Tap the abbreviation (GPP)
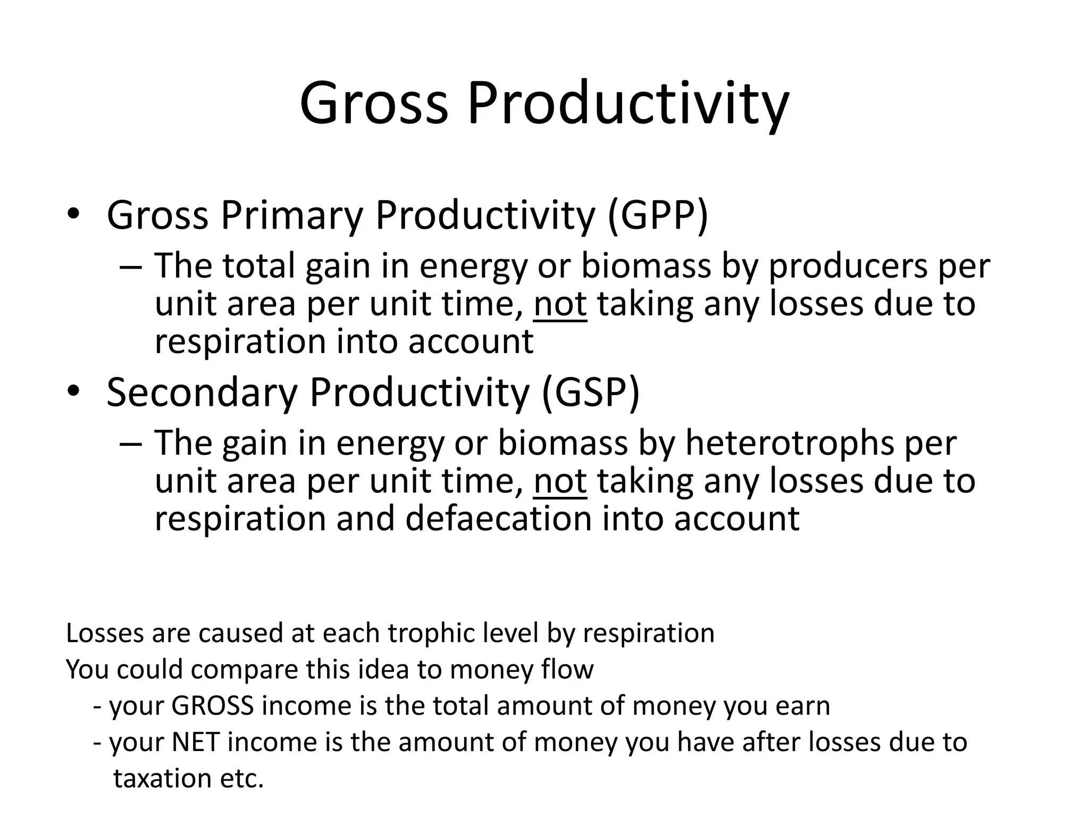point(658,215)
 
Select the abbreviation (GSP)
point(590,393)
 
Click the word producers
point(848,266)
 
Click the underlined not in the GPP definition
point(560,304)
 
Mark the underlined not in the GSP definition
point(560,481)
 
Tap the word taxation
point(163,779)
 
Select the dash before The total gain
point(131,266)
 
